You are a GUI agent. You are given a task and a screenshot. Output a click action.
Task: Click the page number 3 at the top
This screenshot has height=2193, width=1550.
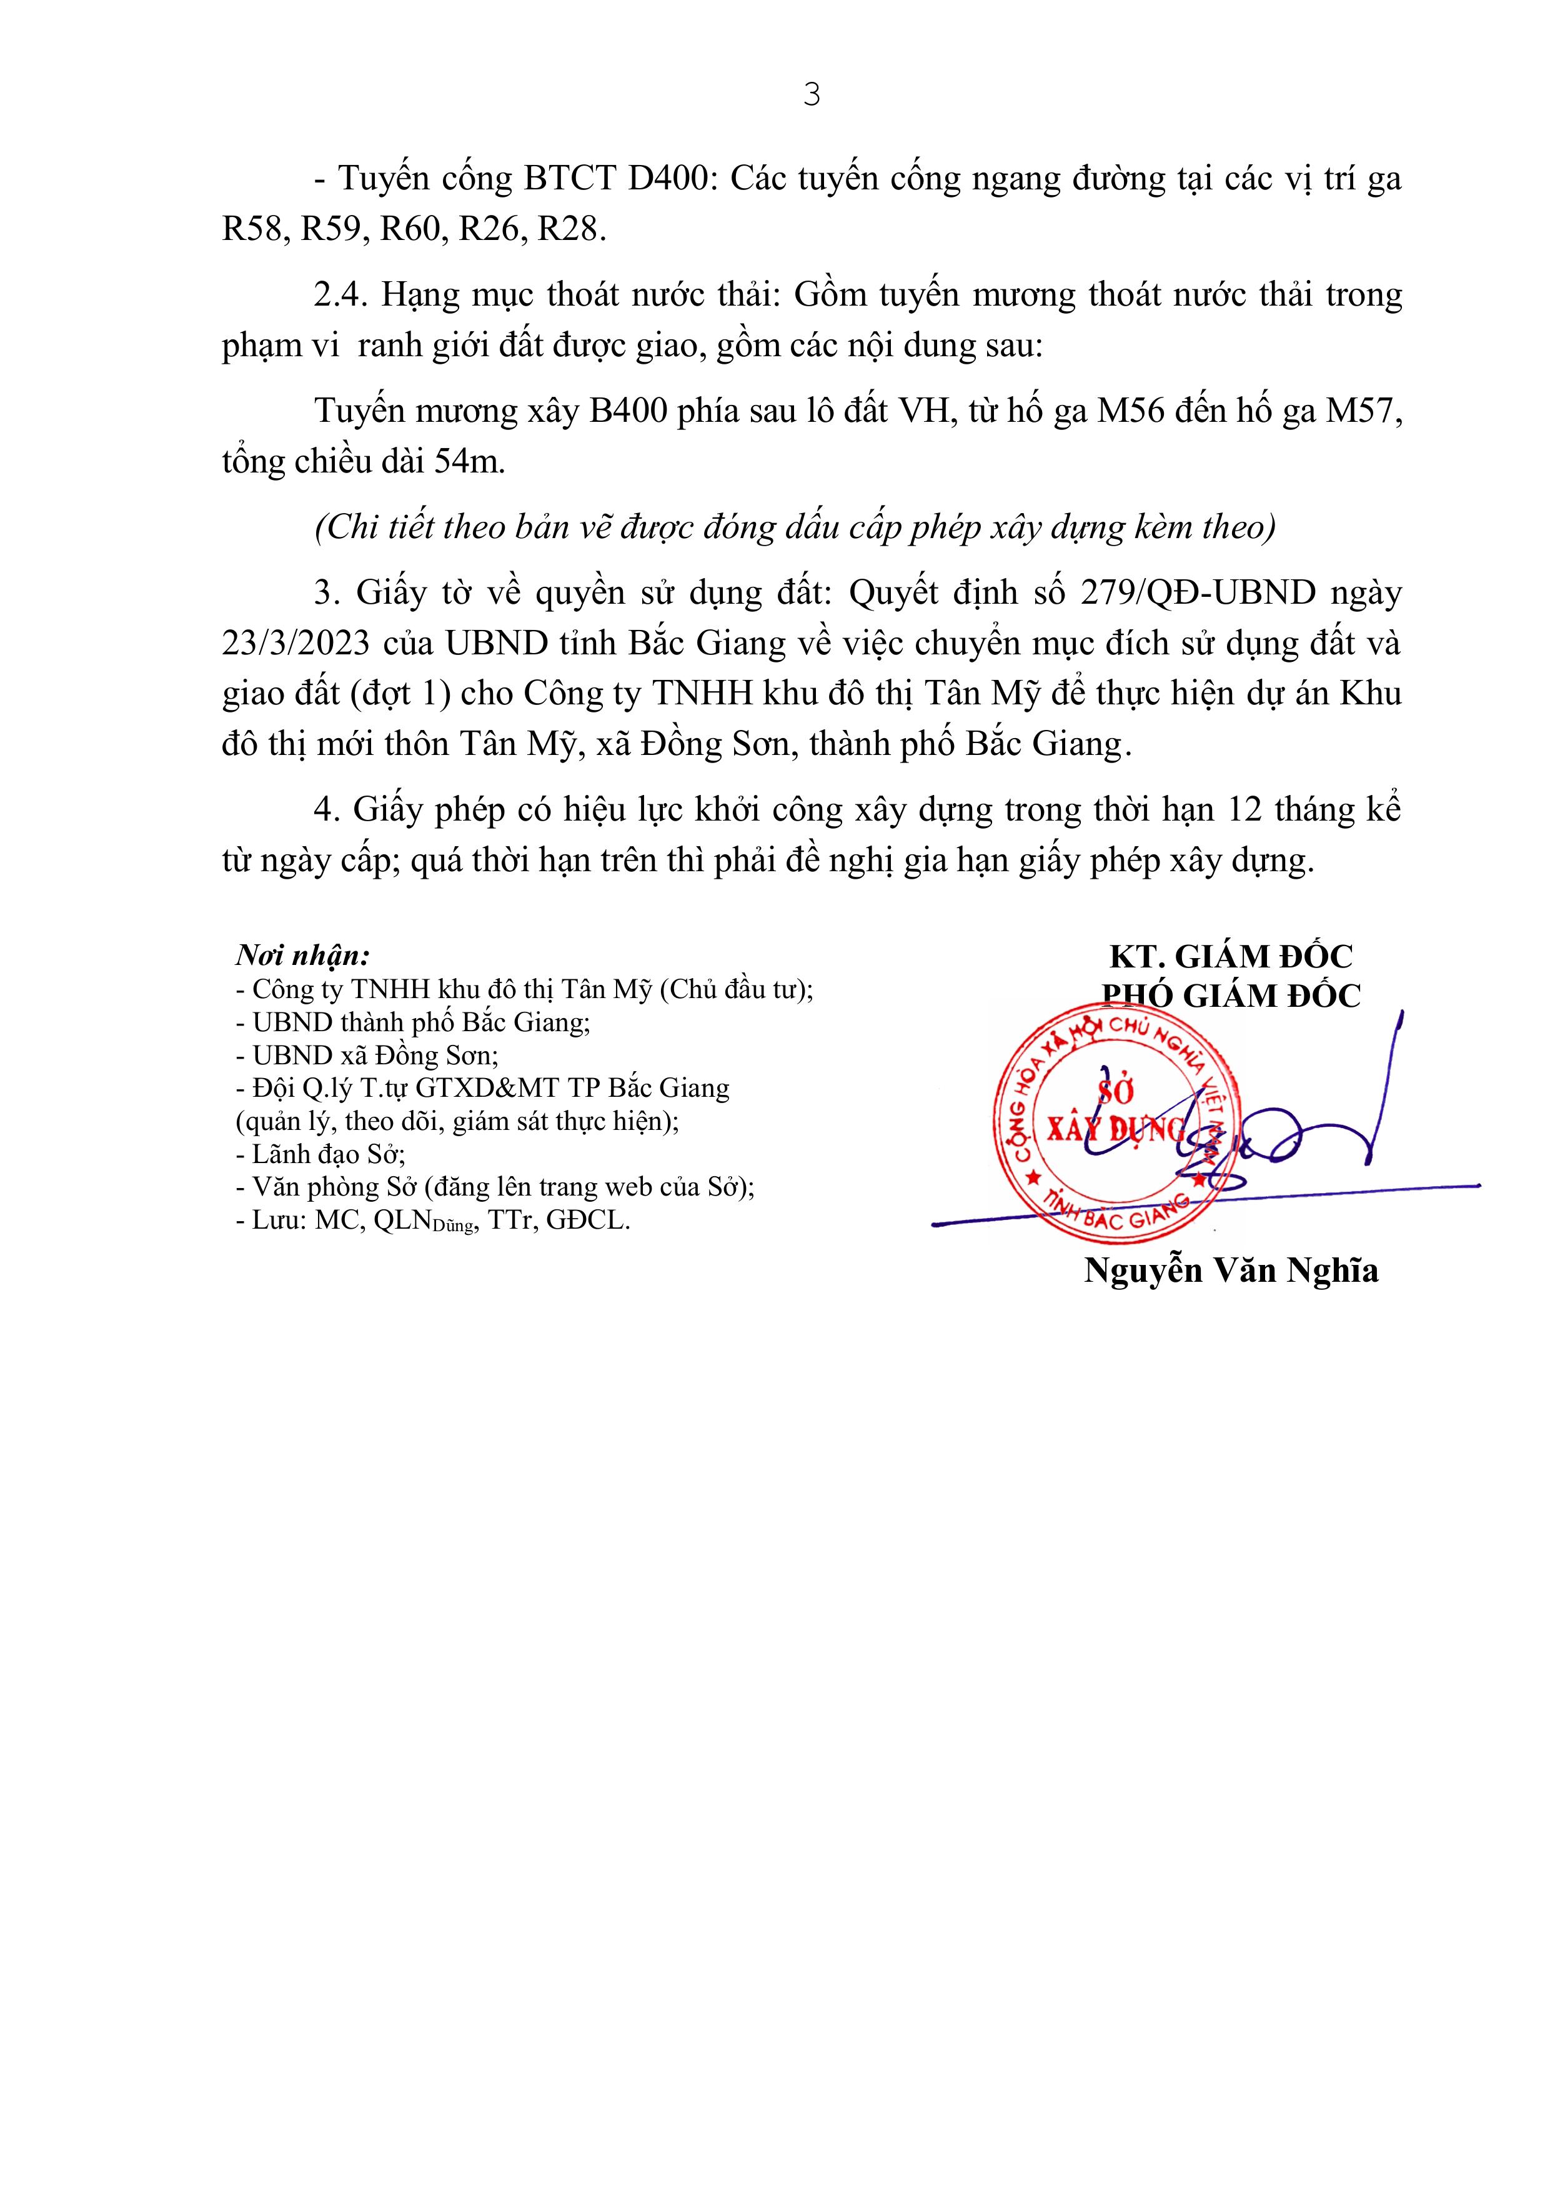click(x=811, y=94)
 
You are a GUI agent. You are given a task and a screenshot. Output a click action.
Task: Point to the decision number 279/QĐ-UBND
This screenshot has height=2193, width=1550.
click(x=1198, y=594)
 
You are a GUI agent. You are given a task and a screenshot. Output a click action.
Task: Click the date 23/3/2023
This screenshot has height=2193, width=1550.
click(x=296, y=644)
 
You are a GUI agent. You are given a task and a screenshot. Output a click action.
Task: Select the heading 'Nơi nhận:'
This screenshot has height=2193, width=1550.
click(x=303, y=955)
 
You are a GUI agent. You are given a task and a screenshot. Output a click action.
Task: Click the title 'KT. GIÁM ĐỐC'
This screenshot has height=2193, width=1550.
click(x=1231, y=956)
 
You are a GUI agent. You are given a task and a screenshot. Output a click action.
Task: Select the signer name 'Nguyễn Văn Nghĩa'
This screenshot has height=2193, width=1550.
click(x=1231, y=1271)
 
